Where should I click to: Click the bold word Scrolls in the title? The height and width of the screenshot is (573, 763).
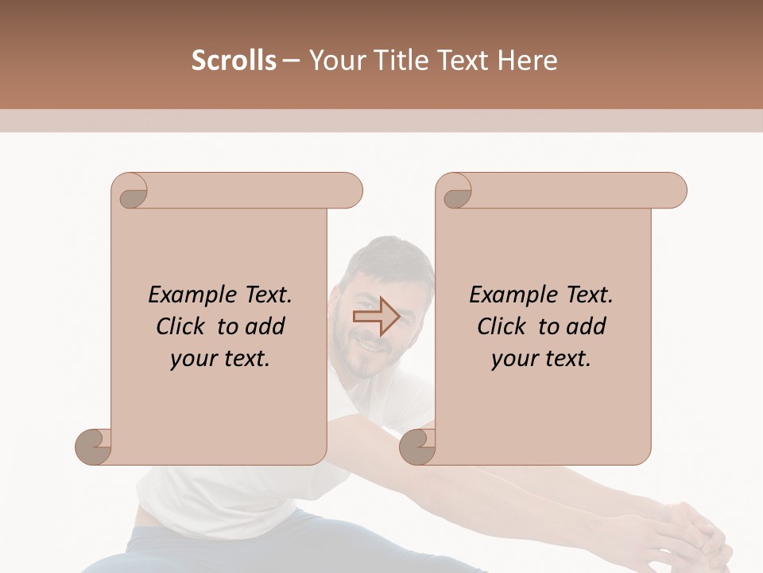tap(234, 60)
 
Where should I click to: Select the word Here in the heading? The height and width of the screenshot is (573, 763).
tap(528, 60)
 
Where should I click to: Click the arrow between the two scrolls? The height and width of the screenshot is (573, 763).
tap(376, 317)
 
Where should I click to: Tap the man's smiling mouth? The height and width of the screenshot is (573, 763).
tap(370, 345)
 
